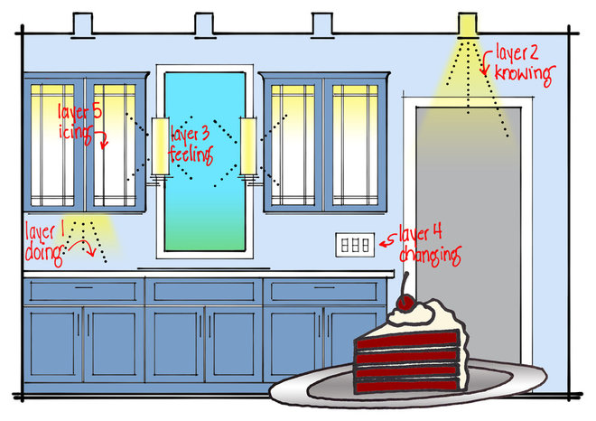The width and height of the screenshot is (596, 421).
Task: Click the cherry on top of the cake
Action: (402, 300)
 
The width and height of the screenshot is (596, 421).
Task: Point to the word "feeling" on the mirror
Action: (190, 154)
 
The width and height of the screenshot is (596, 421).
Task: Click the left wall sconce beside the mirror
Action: (160, 148)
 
